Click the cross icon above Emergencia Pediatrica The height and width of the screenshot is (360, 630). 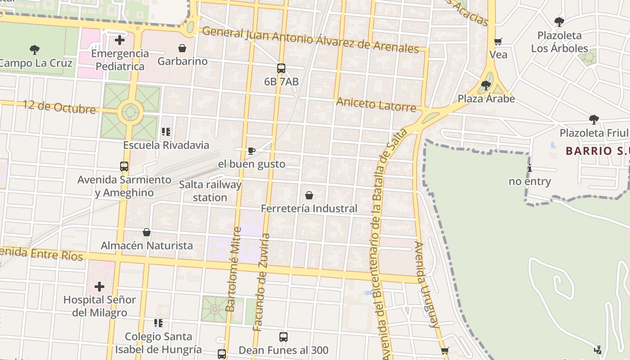click(x=120, y=40)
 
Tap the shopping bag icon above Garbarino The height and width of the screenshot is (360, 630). click(x=182, y=48)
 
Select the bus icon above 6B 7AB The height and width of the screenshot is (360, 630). click(x=281, y=68)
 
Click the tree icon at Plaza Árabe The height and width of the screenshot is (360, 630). click(x=486, y=85)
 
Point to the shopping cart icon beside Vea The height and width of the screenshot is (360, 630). click(x=498, y=42)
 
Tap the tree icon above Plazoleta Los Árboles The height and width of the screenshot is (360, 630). click(x=559, y=22)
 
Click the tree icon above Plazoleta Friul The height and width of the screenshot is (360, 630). click(x=594, y=119)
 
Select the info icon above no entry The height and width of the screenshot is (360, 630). click(x=530, y=169)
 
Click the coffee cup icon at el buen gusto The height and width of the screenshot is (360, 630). click(x=252, y=151)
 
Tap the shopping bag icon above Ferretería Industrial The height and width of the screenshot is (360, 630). click(x=309, y=195)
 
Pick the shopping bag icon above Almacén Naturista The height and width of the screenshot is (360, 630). click(x=147, y=232)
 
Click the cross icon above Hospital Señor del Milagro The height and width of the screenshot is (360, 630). click(x=99, y=286)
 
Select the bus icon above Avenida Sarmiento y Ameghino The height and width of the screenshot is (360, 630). click(x=124, y=166)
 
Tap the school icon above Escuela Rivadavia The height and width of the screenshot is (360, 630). click(x=166, y=132)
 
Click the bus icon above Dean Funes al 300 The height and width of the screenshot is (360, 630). click(x=283, y=337)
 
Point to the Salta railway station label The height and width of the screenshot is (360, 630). click(x=210, y=191)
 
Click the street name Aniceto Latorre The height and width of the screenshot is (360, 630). click(x=376, y=104)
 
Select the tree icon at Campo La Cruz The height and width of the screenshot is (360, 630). click(x=34, y=49)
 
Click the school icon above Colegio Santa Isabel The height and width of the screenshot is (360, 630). click(x=158, y=323)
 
